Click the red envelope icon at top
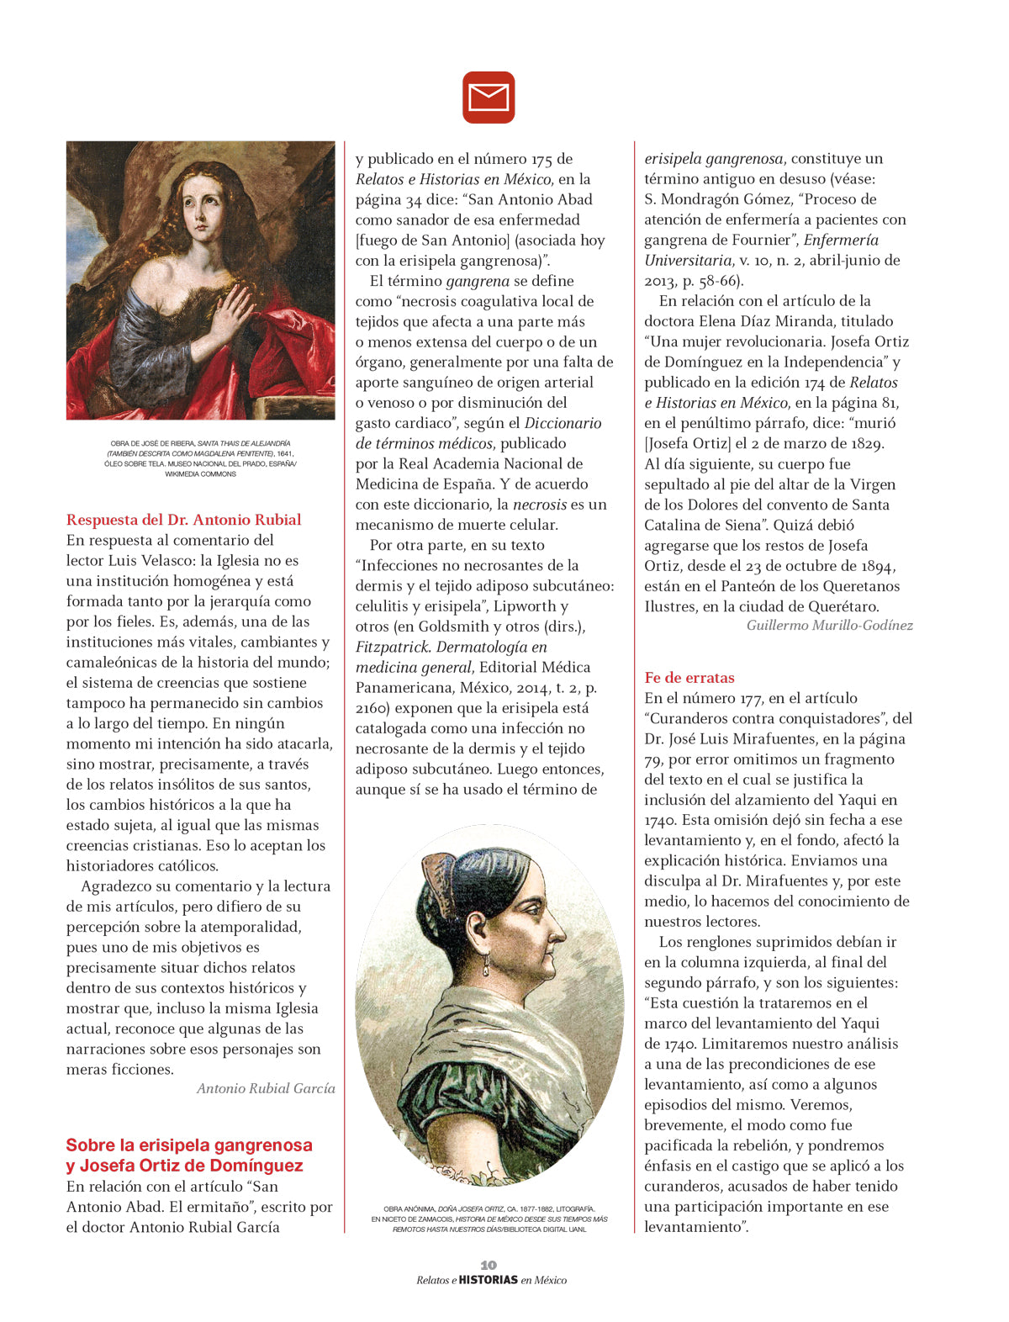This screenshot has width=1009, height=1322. pyautogui.click(x=489, y=98)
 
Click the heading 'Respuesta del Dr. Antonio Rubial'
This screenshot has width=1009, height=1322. pyautogui.click(x=183, y=520)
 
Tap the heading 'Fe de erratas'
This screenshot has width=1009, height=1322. pyautogui.click(x=689, y=678)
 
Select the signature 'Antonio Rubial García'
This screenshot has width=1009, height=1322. pyautogui.click(x=266, y=1088)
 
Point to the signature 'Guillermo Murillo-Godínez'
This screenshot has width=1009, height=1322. pyautogui.click(x=829, y=625)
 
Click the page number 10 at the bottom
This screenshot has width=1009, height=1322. pyautogui.click(x=489, y=1265)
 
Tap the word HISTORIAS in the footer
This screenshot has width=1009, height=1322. pyautogui.click(x=488, y=1280)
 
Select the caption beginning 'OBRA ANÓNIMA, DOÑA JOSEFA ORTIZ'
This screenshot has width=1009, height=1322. pyautogui.click(x=489, y=1219)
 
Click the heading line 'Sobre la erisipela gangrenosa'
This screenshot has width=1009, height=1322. pyautogui.click(x=189, y=1145)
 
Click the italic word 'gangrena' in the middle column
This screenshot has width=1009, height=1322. pyautogui.click(x=478, y=281)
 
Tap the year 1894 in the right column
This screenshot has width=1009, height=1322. pyautogui.click(x=874, y=566)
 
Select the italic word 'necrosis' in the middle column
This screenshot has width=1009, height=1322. pyautogui.click(x=540, y=505)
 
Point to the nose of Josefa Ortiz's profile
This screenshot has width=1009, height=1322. pyautogui.click(x=562, y=930)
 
